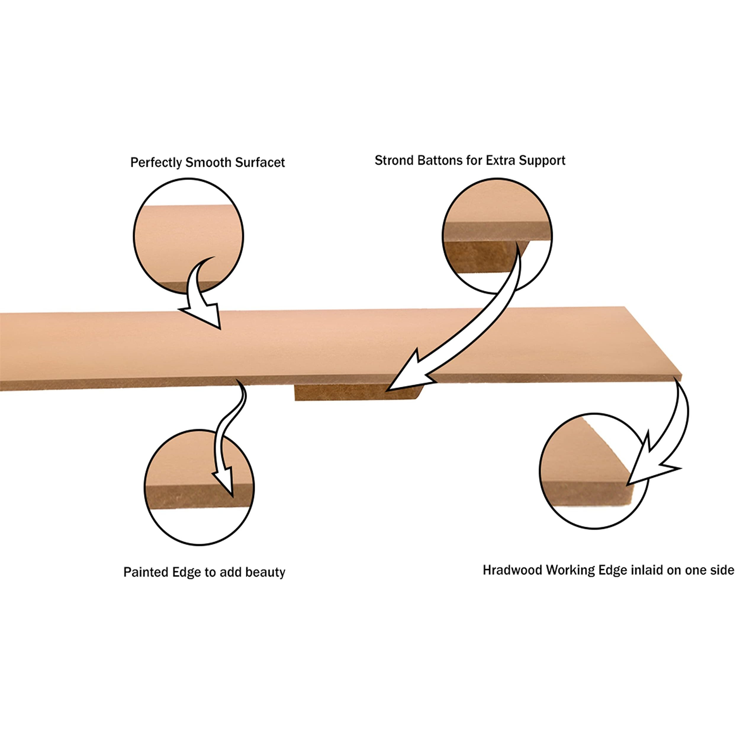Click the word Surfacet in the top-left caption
tap(260, 163)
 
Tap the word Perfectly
tap(156, 163)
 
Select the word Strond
tap(394, 160)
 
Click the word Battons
tap(439, 160)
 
